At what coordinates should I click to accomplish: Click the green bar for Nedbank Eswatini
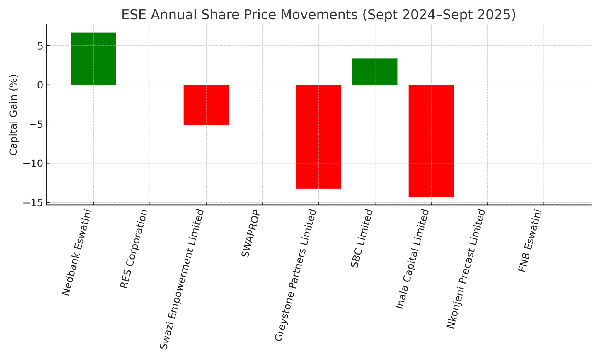93,59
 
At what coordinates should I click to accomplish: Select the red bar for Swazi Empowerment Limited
206,105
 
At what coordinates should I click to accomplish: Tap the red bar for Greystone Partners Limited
318,137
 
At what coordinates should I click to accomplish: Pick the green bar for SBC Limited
375,71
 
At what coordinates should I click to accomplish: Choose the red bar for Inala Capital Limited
431,141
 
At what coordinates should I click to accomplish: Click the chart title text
318,15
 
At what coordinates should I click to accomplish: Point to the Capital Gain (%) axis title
14,115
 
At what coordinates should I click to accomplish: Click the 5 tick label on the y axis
40,46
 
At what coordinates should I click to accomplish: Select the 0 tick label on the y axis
40,85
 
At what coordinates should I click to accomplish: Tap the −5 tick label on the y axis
36,124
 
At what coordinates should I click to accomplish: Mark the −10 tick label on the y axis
33,164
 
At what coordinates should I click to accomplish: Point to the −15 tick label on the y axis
33,203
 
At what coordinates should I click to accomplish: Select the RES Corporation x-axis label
134,249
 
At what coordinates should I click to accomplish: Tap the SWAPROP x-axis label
250,233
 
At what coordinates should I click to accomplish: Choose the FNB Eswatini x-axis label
530,241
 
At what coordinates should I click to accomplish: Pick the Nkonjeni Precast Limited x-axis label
466,269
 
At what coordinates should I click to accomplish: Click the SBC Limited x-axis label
362,238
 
